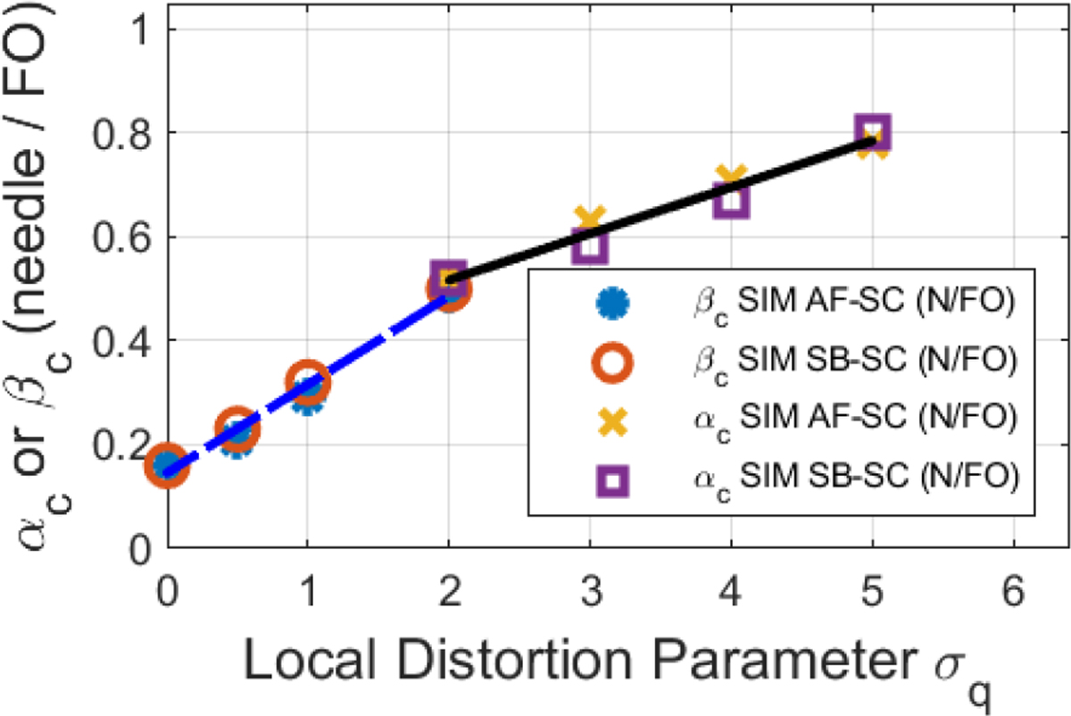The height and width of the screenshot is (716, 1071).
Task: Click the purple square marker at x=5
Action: [873, 132]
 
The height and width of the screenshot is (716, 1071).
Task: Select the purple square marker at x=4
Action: [731, 201]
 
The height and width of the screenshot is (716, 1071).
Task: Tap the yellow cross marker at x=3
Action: [590, 219]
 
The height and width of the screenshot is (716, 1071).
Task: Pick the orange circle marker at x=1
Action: [307, 382]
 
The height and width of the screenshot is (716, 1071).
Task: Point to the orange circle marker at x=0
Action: [166, 466]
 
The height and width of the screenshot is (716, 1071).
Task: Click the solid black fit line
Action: [660, 211]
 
